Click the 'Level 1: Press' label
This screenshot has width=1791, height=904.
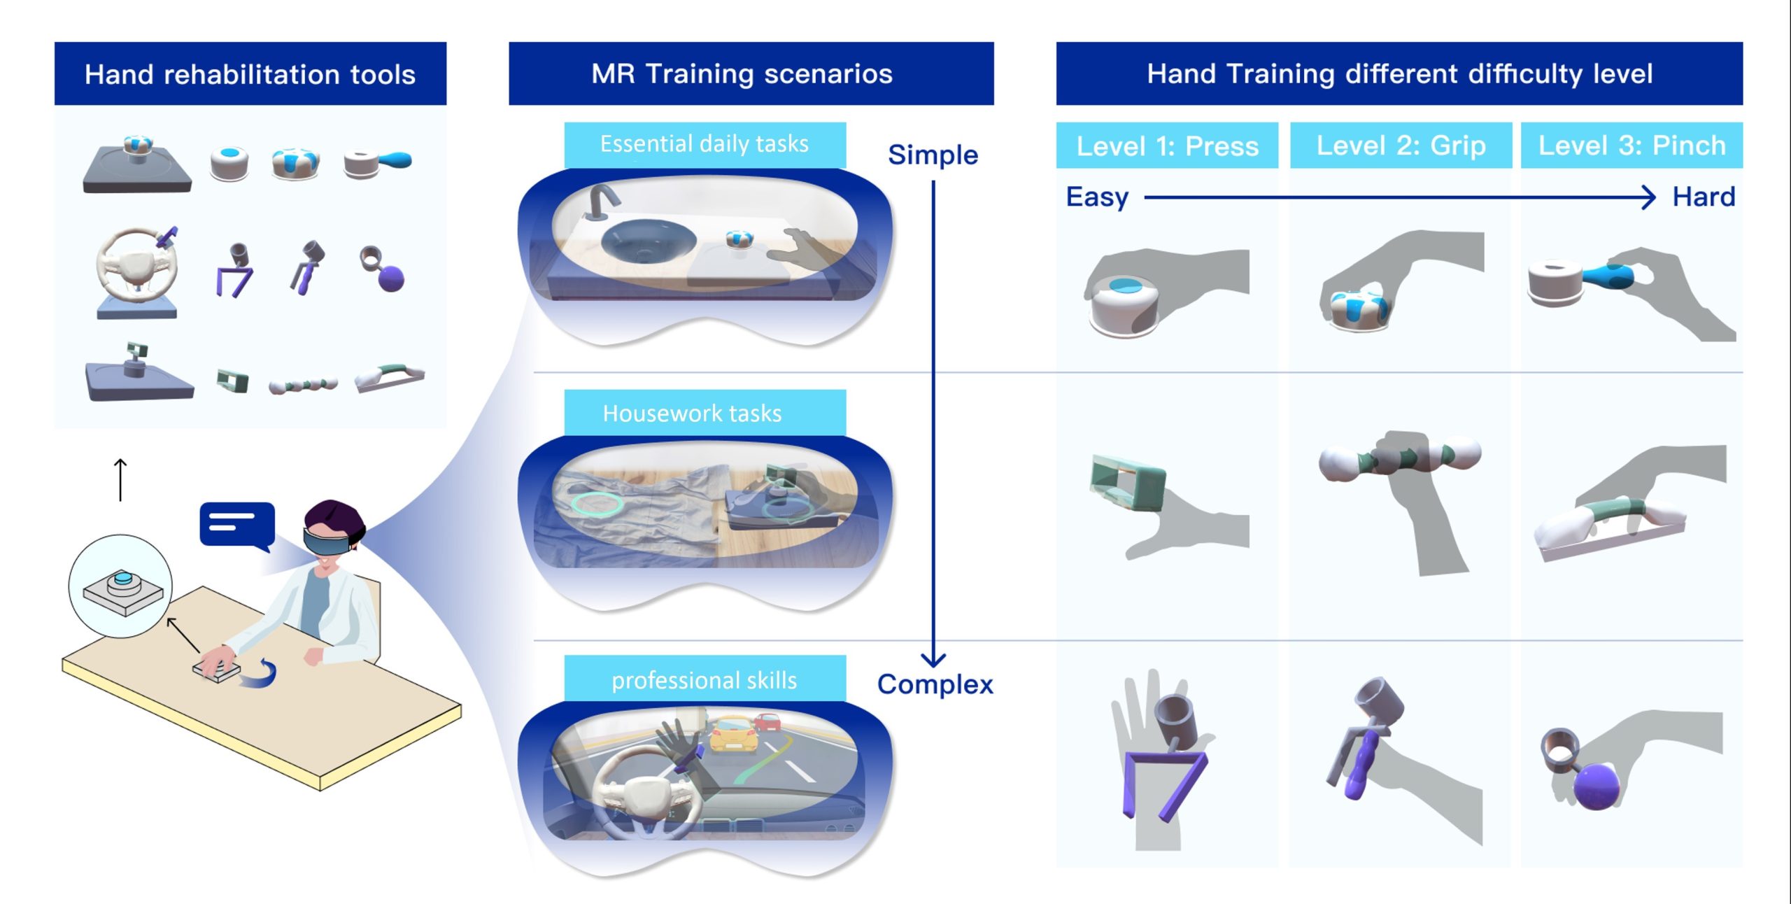click(1167, 146)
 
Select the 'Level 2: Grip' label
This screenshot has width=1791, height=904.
click(1401, 146)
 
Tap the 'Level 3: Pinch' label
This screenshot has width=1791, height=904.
click(1631, 146)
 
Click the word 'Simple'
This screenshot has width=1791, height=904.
click(933, 155)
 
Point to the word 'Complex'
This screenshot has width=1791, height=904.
click(935, 684)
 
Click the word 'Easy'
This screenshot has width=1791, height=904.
click(1097, 197)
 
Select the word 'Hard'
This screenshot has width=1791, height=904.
click(1704, 197)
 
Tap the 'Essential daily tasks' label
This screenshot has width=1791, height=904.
click(704, 144)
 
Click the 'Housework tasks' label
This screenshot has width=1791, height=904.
click(692, 414)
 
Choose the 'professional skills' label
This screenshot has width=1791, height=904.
click(704, 681)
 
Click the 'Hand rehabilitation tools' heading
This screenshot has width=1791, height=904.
click(250, 74)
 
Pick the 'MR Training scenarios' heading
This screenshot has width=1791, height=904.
click(742, 73)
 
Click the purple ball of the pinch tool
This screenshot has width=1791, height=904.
click(1597, 786)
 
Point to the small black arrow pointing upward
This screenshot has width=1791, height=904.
click(120, 480)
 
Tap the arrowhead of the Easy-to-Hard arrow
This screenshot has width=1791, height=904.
click(1648, 197)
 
